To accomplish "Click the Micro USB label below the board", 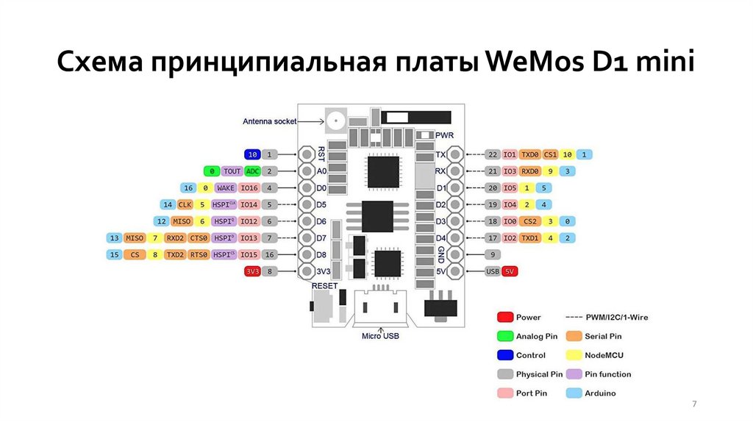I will click(x=380, y=337).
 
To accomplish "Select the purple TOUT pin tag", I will click(x=232, y=171).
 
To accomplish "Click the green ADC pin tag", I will click(x=252, y=171).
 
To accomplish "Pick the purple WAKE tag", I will click(x=226, y=188).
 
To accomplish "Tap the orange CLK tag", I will click(x=185, y=204).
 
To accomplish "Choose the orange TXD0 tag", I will click(x=529, y=154).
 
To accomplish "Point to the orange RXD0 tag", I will click(x=529, y=171).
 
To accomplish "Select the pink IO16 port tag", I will click(x=249, y=188).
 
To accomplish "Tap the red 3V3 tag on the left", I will click(x=252, y=271).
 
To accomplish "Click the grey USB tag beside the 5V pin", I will click(x=493, y=271).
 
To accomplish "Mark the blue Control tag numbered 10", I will click(x=252, y=154).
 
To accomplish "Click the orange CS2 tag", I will click(x=529, y=221).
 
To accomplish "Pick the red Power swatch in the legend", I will click(x=504, y=318).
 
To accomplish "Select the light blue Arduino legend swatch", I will click(x=574, y=393).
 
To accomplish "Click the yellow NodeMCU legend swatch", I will click(x=574, y=355).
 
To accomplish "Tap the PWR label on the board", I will click(x=445, y=136).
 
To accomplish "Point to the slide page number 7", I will click(x=694, y=405).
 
